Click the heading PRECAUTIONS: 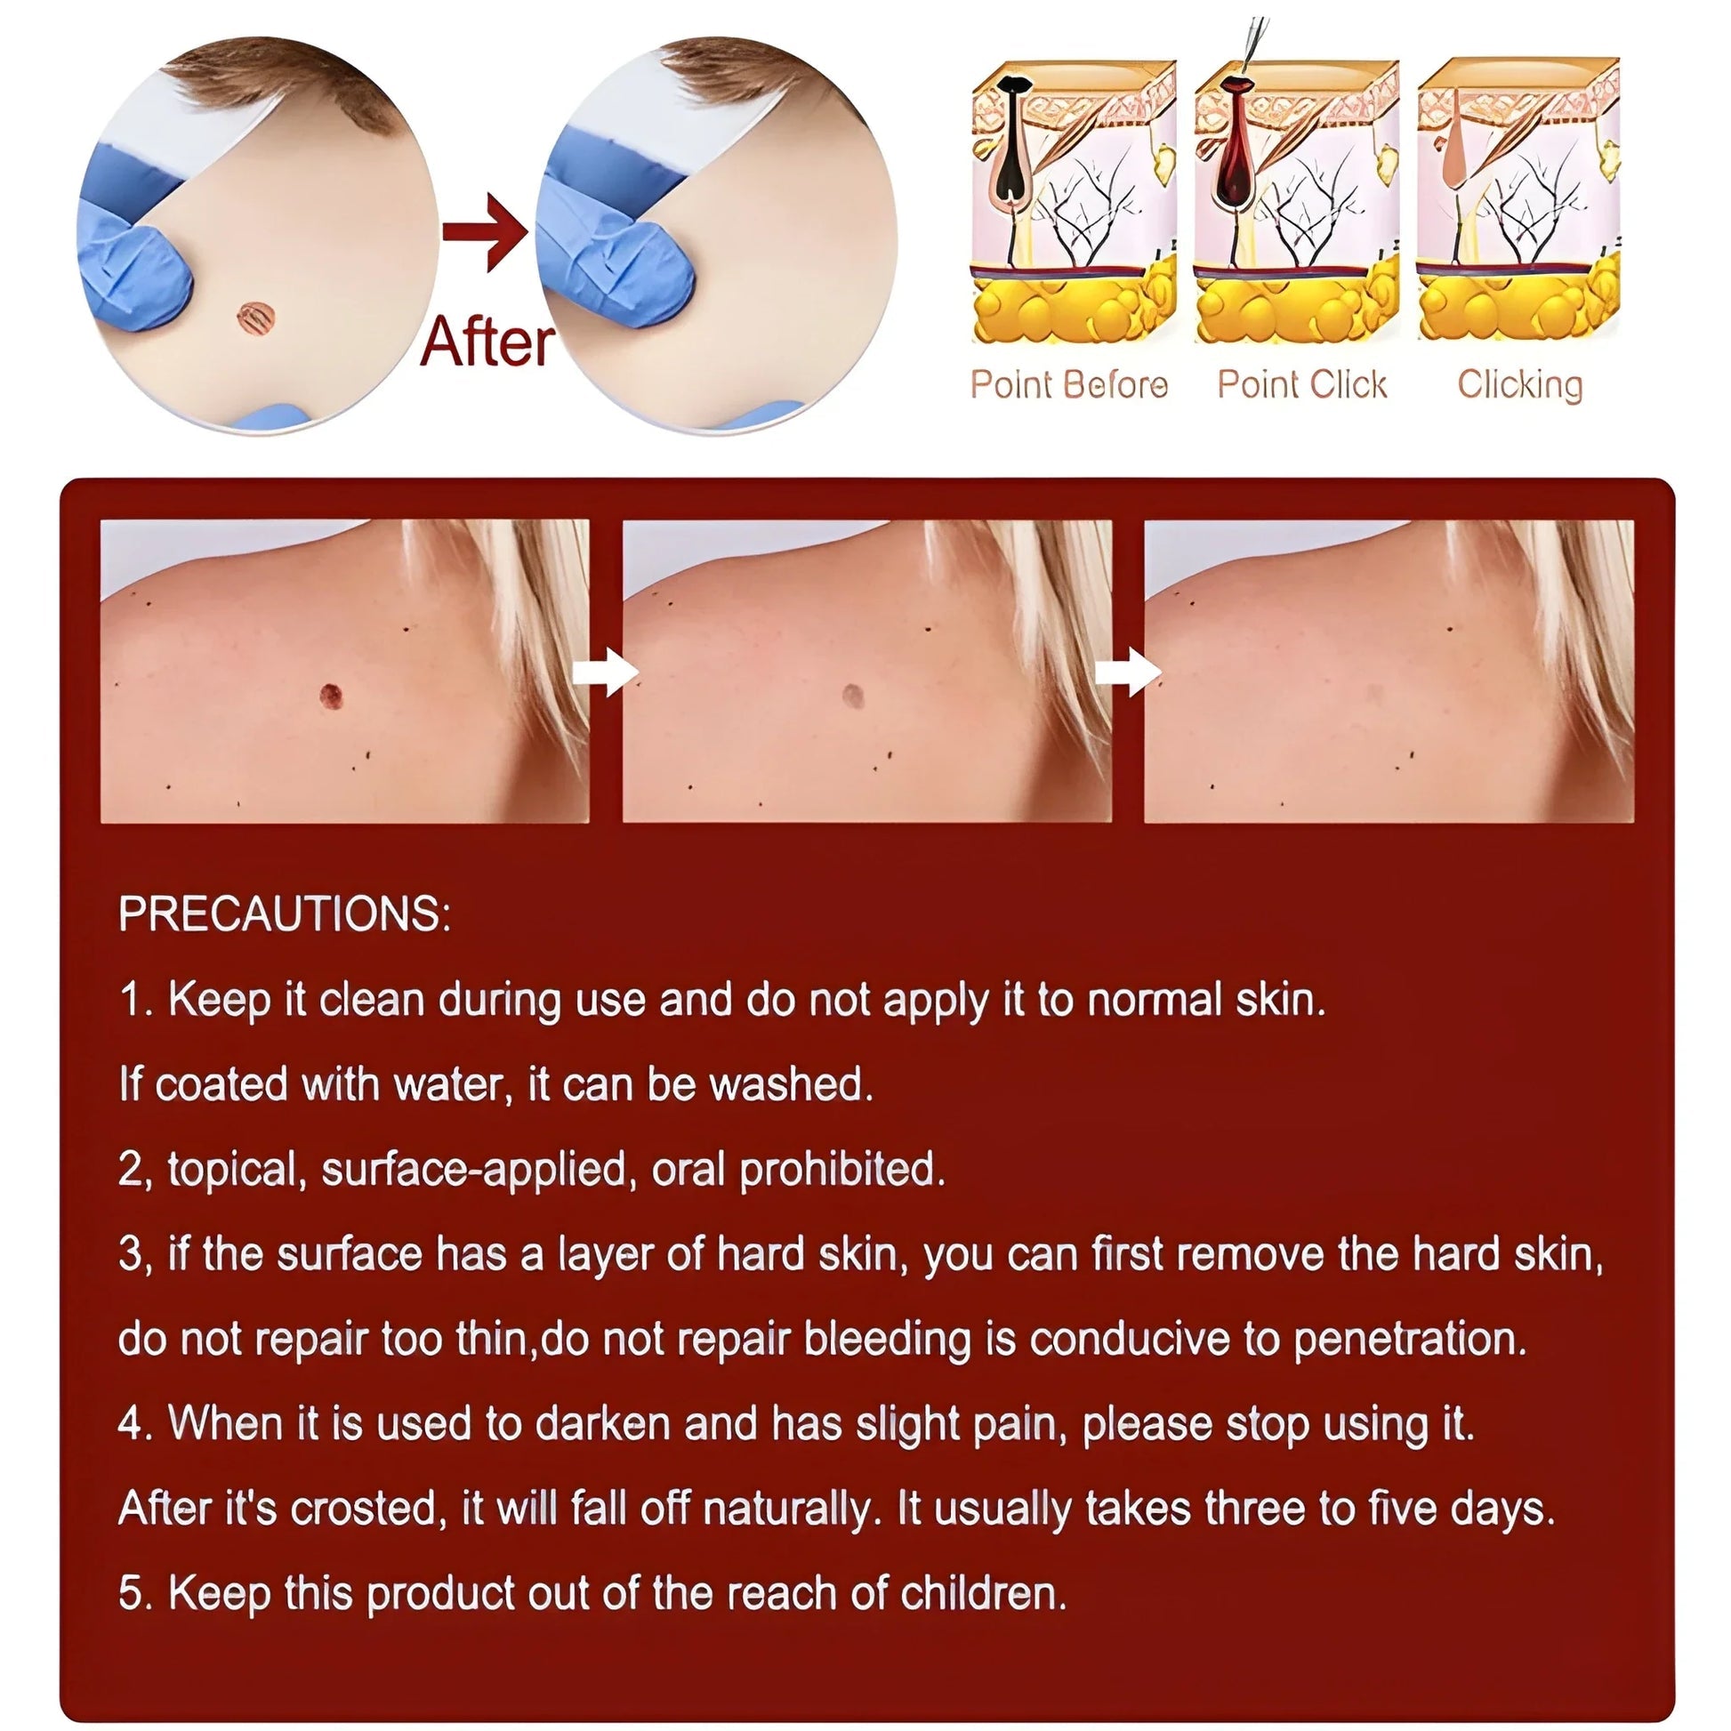point(285,914)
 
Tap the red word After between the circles point(487,342)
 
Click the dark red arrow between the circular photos point(485,232)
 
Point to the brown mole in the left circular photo point(254,316)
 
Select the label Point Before point(1070,384)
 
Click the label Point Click point(1302,384)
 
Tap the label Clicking point(1519,385)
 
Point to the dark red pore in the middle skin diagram point(1236,143)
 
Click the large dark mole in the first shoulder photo point(332,696)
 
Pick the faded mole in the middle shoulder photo point(853,696)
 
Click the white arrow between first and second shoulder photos point(606,672)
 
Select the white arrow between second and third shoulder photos point(1128,672)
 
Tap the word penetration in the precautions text point(1410,1340)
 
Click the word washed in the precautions point(791,1084)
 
